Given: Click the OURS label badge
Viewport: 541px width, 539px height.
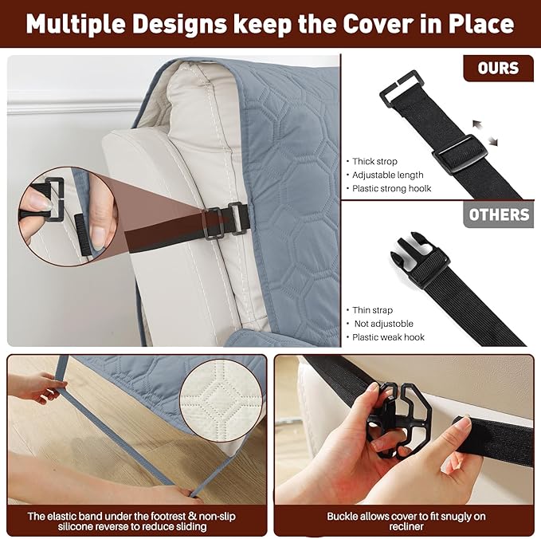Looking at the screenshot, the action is coord(498,68).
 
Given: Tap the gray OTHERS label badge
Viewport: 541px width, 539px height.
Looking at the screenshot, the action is coord(499,214).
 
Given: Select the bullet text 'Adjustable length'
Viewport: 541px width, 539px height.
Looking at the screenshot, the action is coord(387,175).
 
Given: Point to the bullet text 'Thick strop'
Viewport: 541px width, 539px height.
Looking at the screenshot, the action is coord(374,161).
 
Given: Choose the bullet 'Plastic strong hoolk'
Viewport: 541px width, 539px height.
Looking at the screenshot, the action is coord(391,188).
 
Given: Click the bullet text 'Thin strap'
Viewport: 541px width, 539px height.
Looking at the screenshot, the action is coord(372,310).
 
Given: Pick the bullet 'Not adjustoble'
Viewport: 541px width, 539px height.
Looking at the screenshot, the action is coord(384,324).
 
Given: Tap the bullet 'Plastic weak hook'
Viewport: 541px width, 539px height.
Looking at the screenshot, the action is coord(388,337).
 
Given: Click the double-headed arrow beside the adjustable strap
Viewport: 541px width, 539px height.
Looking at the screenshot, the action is coord(485,132).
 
